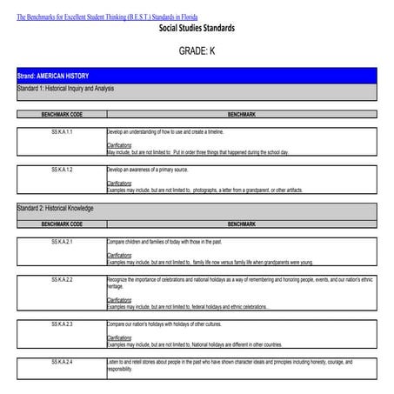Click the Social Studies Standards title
[197, 29]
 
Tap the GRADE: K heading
[197, 51]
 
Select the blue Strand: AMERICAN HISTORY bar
[197, 77]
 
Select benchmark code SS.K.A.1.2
[61, 169]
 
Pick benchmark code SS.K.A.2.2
[61, 279]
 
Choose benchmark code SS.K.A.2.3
[61, 324]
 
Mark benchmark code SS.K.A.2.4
[61, 360]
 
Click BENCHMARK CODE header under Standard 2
[61, 224]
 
